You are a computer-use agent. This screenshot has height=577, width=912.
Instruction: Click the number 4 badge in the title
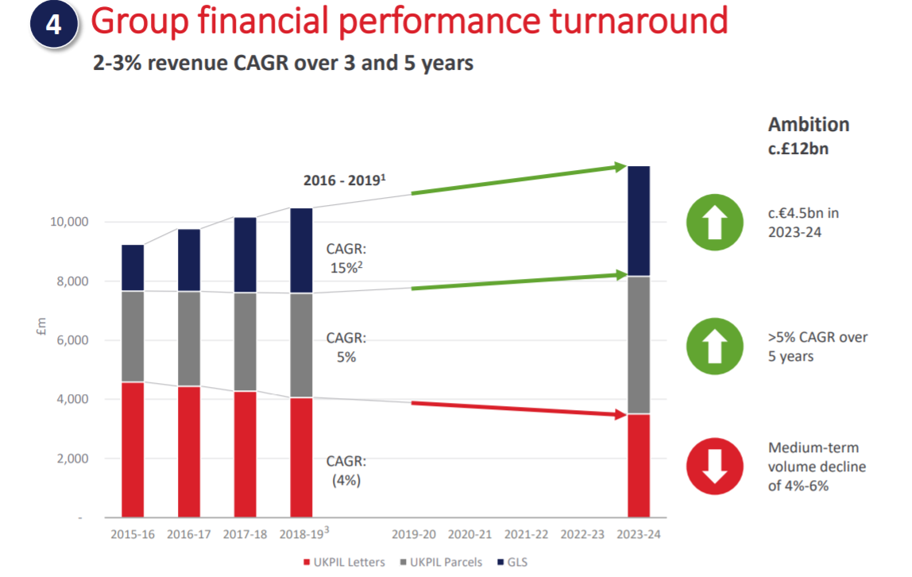click(x=53, y=25)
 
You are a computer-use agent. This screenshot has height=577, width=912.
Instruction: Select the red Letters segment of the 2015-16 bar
click(x=133, y=449)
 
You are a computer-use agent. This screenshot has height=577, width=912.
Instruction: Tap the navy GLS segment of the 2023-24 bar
click(x=639, y=221)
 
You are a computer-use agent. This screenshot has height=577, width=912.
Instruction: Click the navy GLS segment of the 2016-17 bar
click(x=189, y=260)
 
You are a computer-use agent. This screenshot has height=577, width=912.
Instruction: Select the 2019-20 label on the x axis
click(x=414, y=534)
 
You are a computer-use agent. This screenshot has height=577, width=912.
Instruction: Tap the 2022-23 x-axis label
click(x=582, y=534)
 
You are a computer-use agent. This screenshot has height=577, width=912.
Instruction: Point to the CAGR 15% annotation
click(x=346, y=258)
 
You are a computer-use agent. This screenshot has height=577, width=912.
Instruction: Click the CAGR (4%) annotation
click(x=346, y=471)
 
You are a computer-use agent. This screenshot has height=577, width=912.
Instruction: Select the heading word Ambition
click(x=808, y=125)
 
